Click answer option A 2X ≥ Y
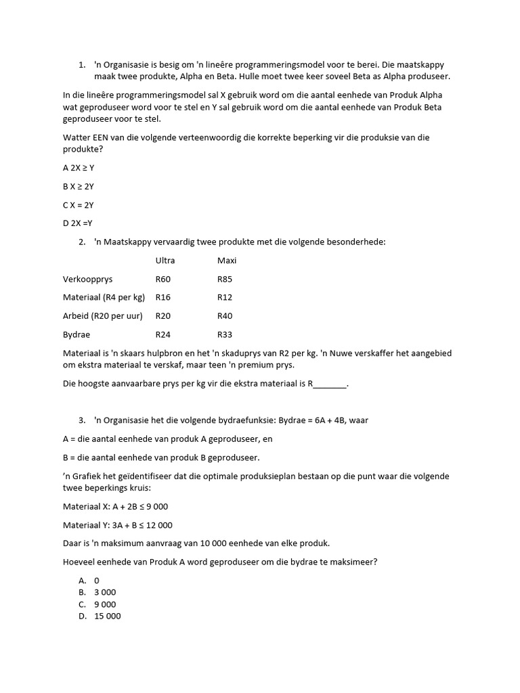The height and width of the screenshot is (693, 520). (x=79, y=168)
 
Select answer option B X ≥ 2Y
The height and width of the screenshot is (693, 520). (x=79, y=186)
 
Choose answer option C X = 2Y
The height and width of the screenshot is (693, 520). (x=79, y=204)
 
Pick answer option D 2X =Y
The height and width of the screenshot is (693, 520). (x=77, y=223)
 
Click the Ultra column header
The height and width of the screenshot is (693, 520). (x=165, y=260)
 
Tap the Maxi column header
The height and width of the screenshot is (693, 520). (x=227, y=260)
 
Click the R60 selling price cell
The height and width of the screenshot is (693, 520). (x=163, y=278)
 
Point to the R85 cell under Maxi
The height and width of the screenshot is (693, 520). (x=225, y=278)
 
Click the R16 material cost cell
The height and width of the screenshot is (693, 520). (x=163, y=297)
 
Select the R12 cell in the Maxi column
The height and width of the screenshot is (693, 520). (x=225, y=297)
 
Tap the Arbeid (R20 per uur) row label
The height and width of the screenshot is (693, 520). (x=103, y=315)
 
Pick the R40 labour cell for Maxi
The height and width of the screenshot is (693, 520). (x=225, y=315)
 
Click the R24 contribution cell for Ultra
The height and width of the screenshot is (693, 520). (x=163, y=334)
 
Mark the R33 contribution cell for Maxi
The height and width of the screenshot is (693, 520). (x=225, y=334)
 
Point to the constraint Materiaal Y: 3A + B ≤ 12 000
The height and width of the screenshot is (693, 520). (x=118, y=524)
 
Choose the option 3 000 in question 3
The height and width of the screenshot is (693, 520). (x=105, y=592)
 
